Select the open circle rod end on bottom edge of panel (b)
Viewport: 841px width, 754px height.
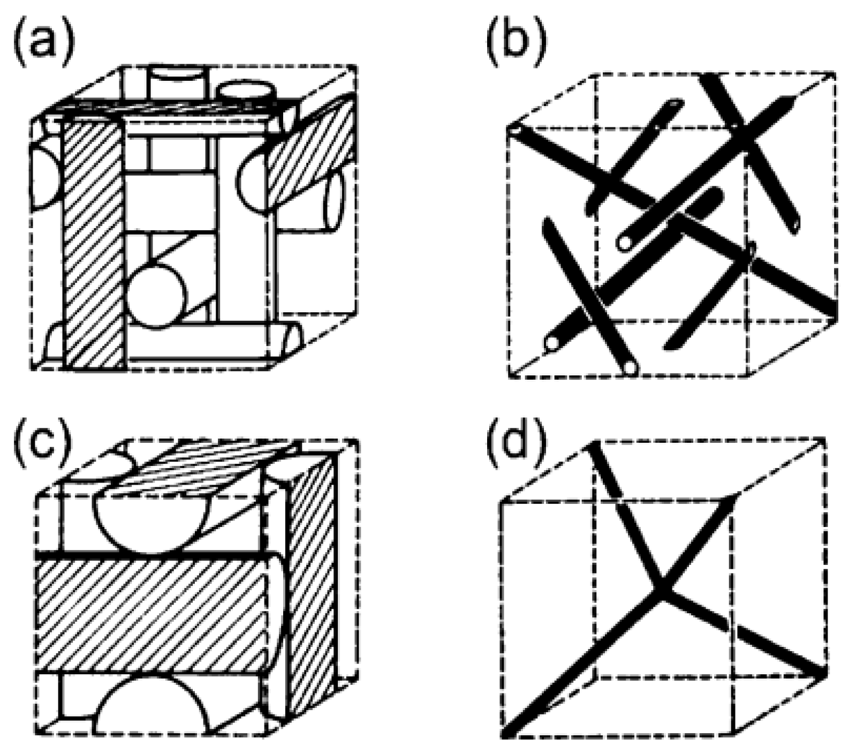tap(630, 368)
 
